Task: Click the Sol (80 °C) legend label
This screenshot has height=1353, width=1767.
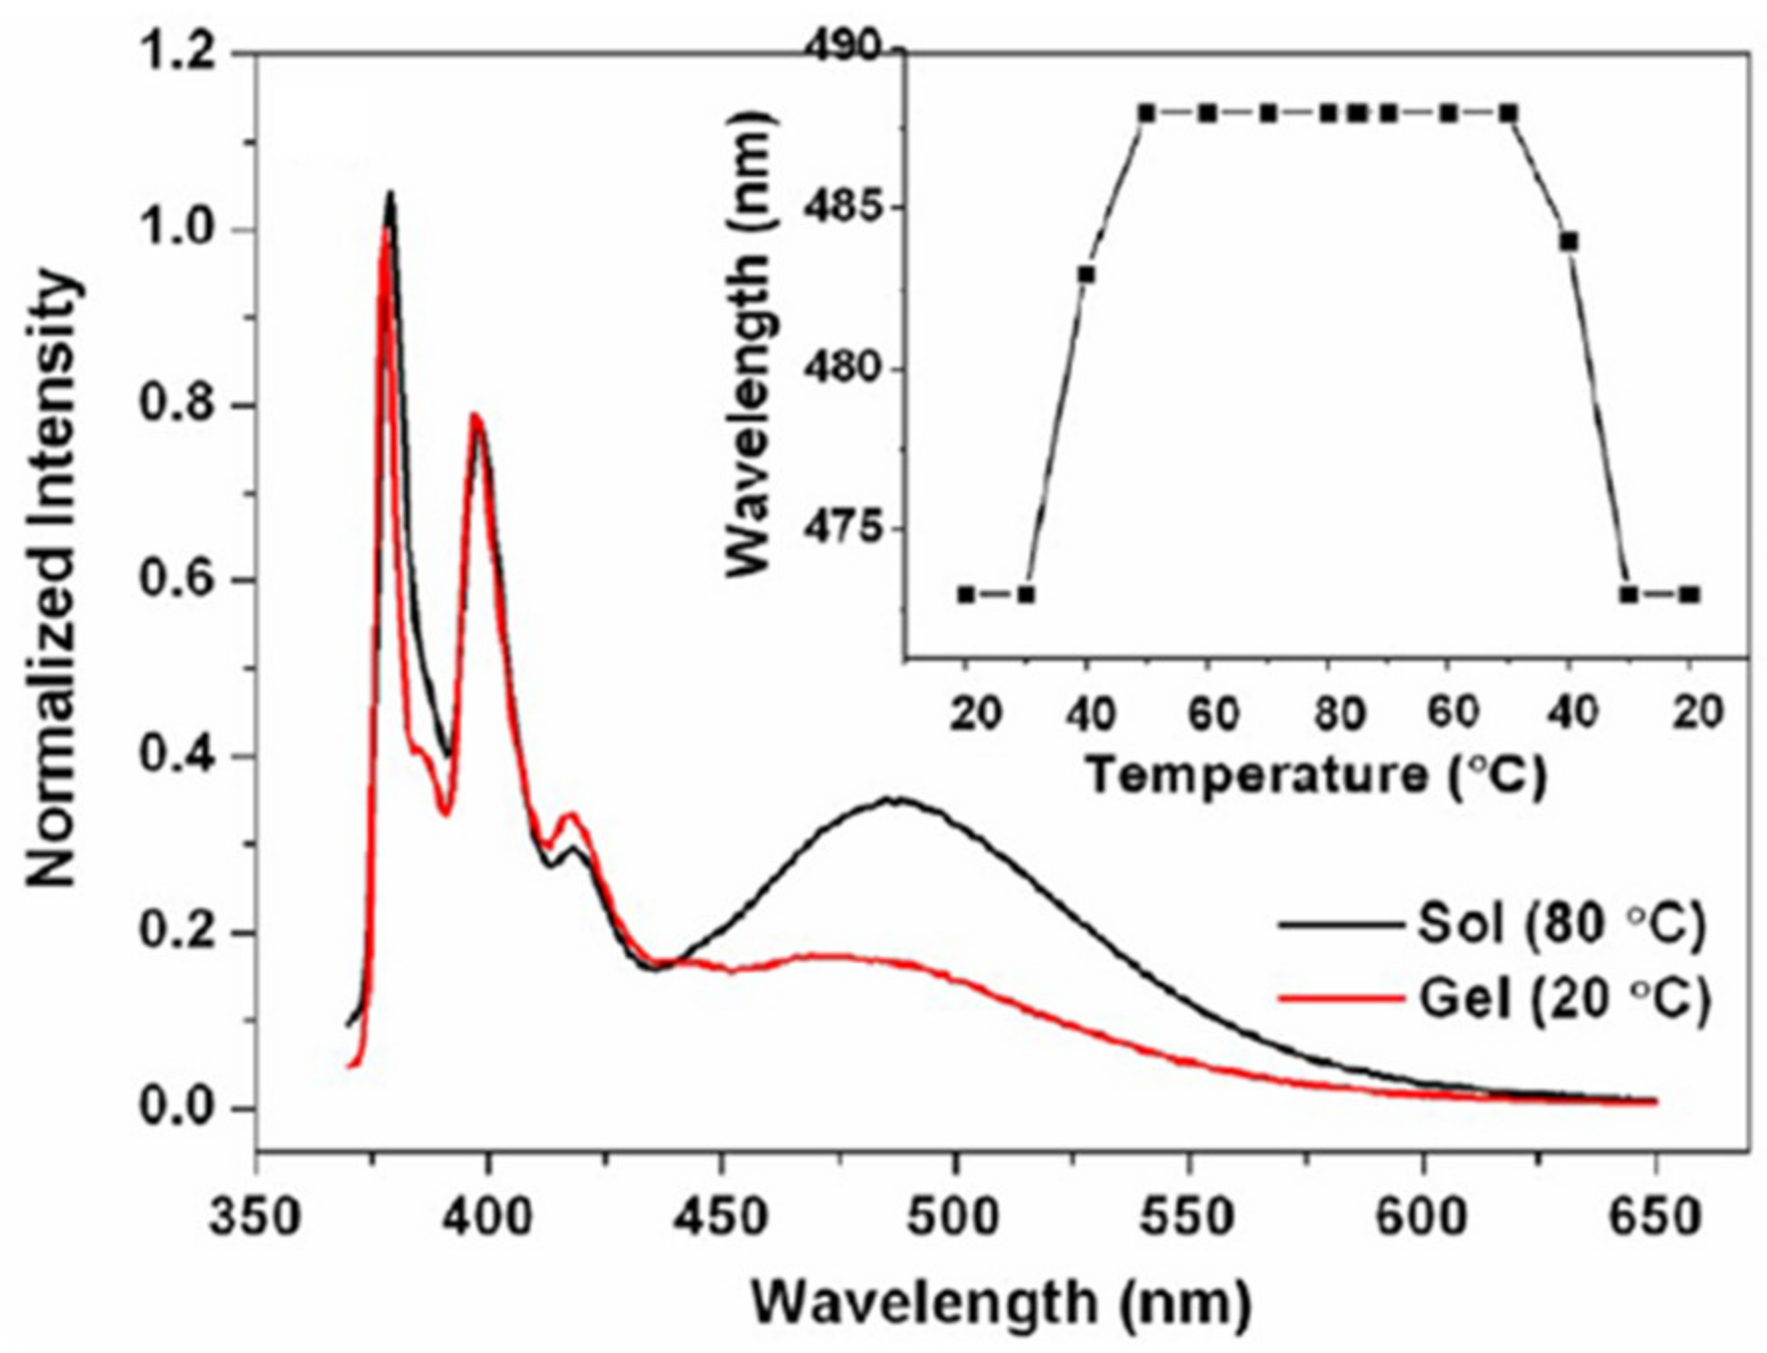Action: (1560, 923)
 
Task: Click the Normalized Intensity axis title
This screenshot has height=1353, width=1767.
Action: (52, 580)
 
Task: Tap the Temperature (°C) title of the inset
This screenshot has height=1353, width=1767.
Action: (1315, 775)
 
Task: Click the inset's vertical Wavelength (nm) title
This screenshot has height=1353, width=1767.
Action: (748, 342)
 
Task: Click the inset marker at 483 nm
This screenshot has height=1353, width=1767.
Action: (1086, 275)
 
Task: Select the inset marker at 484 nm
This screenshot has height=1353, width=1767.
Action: (1569, 242)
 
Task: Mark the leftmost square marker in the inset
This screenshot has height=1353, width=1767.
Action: (965, 595)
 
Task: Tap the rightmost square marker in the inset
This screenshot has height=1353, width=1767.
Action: (1689, 595)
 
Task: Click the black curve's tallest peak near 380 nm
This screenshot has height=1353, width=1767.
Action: (391, 194)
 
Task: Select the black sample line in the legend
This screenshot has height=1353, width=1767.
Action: (1338, 925)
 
